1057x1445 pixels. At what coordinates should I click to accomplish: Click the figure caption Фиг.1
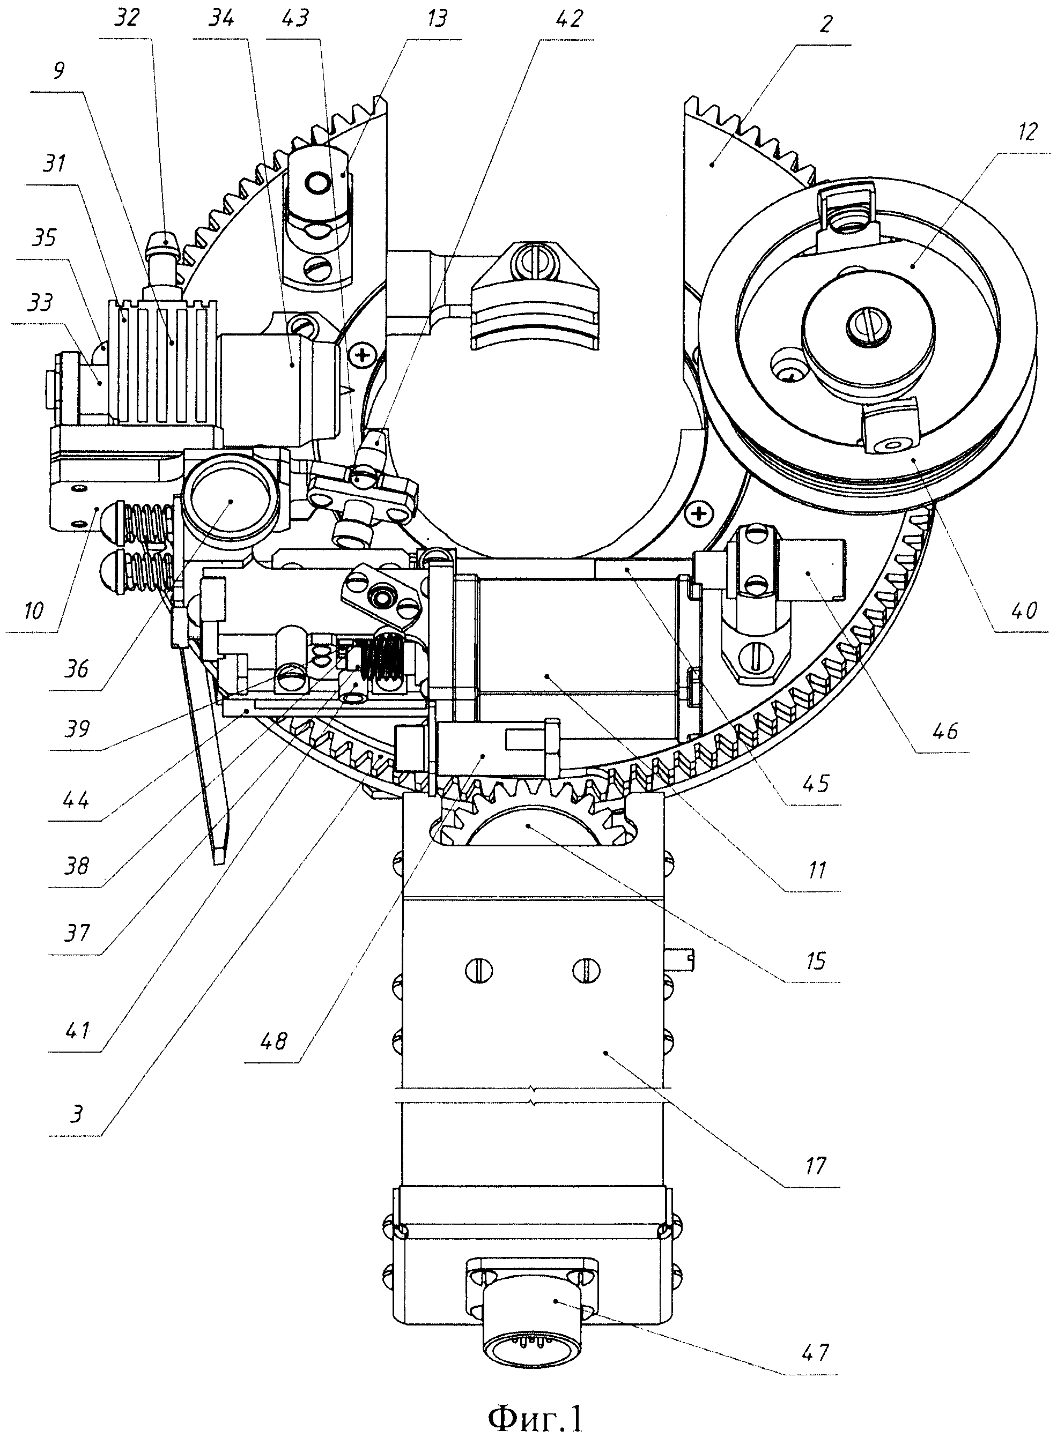[x=536, y=1419]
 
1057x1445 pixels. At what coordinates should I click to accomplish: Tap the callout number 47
[x=814, y=1352]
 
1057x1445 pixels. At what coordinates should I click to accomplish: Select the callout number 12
[x=1026, y=133]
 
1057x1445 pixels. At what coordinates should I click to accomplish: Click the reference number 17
[x=815, y=1166]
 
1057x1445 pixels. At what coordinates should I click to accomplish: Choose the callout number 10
[x=33, y=610]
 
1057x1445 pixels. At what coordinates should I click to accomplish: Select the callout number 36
[x=76, y=669]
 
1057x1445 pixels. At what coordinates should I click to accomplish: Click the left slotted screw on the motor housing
[x=480, y=971]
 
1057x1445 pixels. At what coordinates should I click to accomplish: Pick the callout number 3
[x=76, y=1114]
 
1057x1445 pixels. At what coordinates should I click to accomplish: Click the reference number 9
[x=58, y=70]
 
